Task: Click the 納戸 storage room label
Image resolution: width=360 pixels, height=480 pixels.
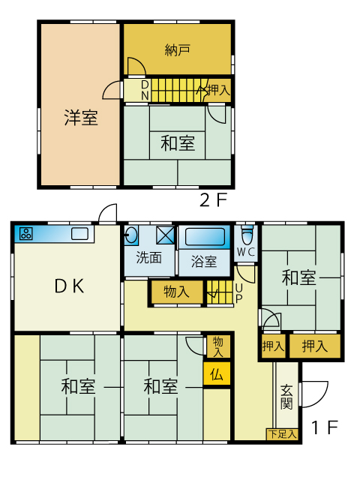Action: click(177, 50)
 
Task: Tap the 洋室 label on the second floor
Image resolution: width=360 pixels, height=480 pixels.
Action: click(81, 118)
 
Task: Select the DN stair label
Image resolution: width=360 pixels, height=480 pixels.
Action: click(145, 90)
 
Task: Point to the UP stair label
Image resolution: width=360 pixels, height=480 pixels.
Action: click(239, 293)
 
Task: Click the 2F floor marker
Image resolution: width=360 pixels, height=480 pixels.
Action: click(213, 200)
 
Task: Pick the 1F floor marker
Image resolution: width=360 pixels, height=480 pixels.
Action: click(325, 427)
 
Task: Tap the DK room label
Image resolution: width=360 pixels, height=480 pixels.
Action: click(69, 286)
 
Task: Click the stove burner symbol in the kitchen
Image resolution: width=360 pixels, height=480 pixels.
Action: click(26, 234)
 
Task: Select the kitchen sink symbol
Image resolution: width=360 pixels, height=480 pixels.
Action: click(80, 234)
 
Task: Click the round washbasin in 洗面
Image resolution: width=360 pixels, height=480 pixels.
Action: click(132, 235)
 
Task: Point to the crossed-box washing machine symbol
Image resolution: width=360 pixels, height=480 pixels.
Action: click(165, 235)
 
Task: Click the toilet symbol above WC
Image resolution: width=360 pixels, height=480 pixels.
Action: click(247, 235)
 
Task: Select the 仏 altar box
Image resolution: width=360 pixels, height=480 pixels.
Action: click(217, 374)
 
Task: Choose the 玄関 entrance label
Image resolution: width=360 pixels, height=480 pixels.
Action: click(286, 397)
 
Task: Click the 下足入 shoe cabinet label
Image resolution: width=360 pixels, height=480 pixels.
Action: click(282, 433)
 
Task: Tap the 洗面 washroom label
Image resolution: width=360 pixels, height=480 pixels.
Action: click(149, 258)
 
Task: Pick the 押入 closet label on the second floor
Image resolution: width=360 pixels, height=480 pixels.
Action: click(217, 90)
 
